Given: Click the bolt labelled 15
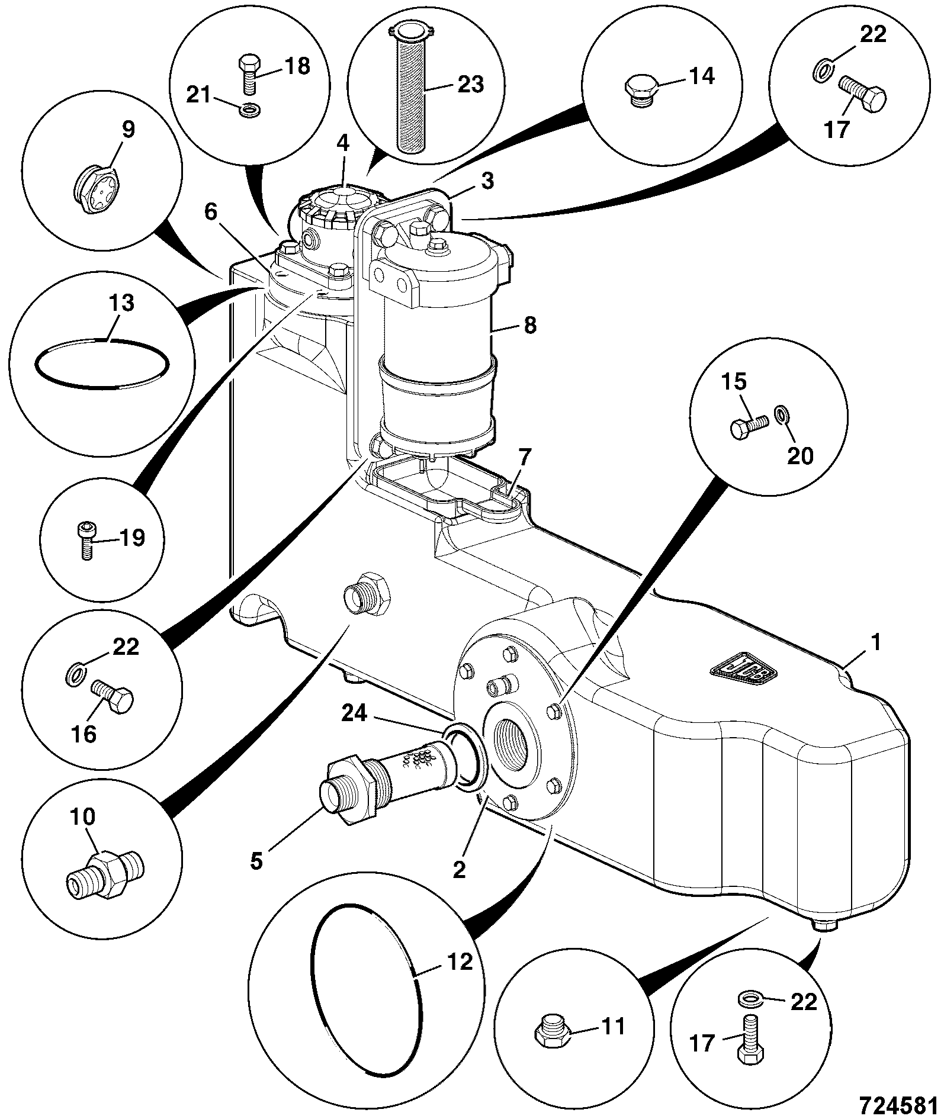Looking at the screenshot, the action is click(x=749, y=425).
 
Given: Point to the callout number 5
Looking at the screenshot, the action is click(x=255, y=860).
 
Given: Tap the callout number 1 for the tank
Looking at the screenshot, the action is click(x=876, y=643).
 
